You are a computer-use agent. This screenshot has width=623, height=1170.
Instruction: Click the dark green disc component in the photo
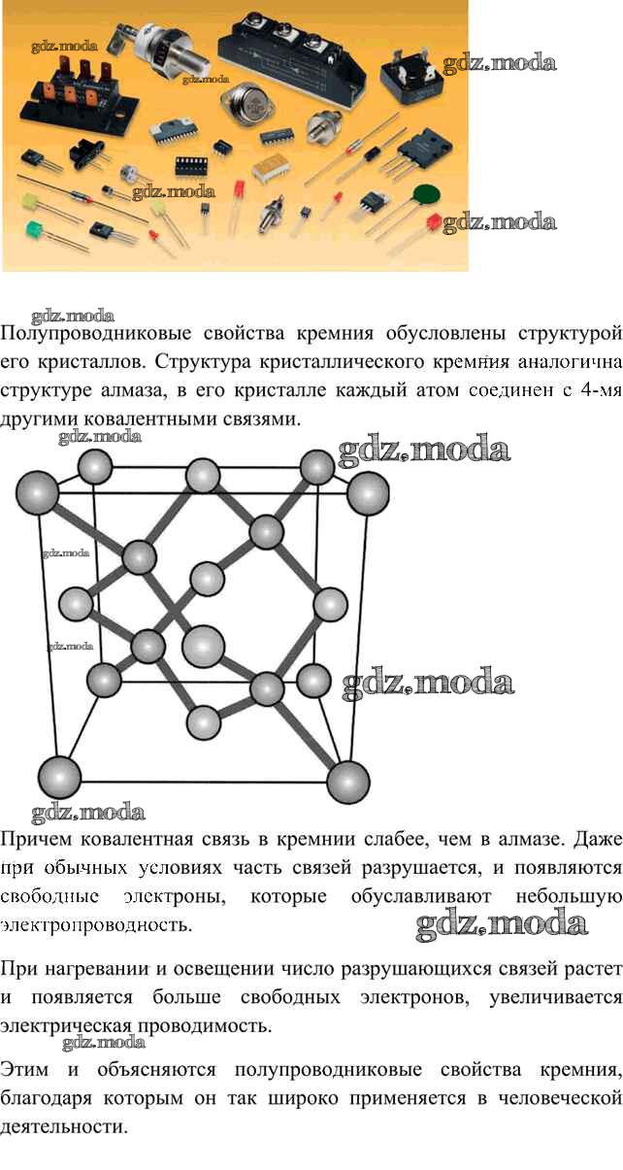tap(426, 194)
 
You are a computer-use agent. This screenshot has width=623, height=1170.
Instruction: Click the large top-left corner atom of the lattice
tap(37, 492)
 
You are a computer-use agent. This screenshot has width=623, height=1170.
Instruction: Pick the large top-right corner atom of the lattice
tap(368, 493)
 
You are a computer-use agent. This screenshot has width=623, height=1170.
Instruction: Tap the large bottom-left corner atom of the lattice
tap(60, 777)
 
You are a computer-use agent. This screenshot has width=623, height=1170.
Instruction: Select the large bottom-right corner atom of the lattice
tap(347, 782)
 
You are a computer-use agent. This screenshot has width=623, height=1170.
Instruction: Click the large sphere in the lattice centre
tap(204, 646)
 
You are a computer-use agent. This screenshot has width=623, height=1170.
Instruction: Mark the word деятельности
tap(64, 1126)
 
